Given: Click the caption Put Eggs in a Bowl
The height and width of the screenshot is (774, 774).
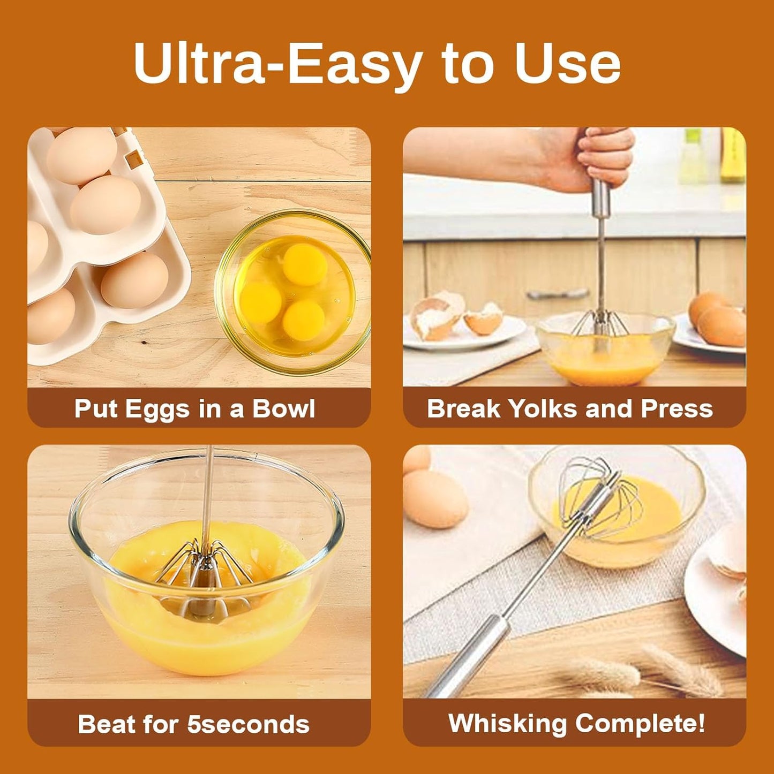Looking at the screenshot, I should pos(194,409).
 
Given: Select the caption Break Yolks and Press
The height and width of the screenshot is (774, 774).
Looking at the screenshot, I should pos(570,409).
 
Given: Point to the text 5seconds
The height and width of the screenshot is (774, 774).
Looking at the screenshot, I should pos(248,724).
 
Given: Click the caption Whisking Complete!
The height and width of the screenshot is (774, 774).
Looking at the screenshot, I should pos(576,723).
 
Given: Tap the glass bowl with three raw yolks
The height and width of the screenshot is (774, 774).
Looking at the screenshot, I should pos(294,292).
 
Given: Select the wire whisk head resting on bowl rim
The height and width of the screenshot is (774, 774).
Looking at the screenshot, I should pos(600,503).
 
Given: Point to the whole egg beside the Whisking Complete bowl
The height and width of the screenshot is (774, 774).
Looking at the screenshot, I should pos(434,498).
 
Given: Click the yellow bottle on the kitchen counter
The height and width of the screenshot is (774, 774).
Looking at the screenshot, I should pos(733,155).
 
